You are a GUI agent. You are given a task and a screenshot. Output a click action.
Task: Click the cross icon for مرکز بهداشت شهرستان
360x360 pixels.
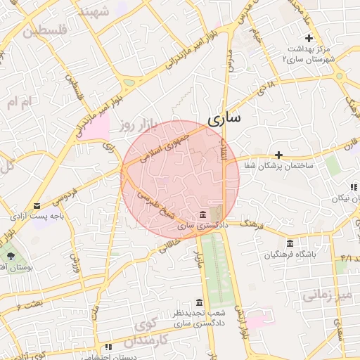pos(307,38)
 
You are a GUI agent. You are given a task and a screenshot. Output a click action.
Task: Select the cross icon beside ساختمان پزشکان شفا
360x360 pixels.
pos(278,155)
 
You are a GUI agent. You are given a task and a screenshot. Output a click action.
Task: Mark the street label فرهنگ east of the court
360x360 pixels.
pos(251,224)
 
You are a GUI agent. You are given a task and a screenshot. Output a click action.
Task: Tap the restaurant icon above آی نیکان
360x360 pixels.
pos(352,187)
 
